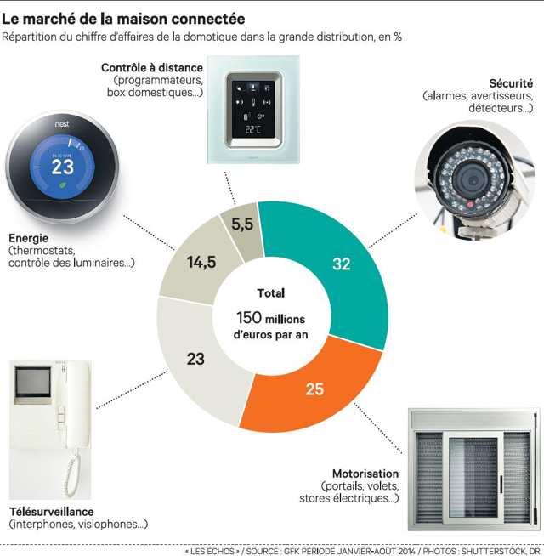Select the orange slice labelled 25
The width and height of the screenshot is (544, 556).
[x=315, y=389]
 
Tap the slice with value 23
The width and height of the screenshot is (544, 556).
[x=196, y=359]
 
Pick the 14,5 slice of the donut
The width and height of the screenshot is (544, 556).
[x=201, y=263]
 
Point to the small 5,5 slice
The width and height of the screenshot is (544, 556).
[x=242, y=225]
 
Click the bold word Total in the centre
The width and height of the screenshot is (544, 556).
[x=270, y=293]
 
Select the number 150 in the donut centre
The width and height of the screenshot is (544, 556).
[x=249, y=317]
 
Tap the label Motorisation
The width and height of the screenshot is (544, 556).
[x=366, y=474]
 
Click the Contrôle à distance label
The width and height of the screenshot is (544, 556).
[x=152, y=67]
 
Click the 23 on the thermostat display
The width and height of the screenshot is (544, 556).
[x=63, y=167]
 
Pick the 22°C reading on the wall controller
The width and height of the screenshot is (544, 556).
[x=252, y=129]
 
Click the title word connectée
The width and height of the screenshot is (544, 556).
[x=203, y=18]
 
